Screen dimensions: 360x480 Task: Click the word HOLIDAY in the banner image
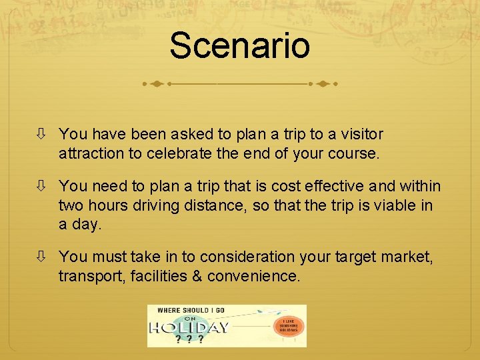pyautogui.click(x=189, y=327)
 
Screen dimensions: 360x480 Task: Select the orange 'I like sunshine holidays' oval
pyautogui.click(x=289, y=326)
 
